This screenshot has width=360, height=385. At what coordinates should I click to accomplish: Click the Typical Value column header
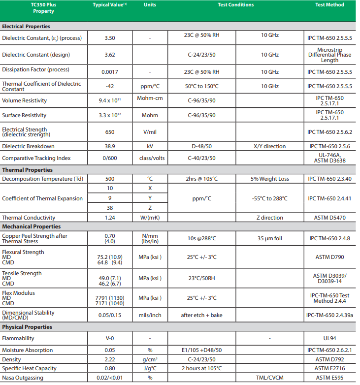(110, 5)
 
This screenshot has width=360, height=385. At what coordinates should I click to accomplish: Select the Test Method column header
(329, 5)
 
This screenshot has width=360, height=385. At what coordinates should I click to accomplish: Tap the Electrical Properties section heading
(26, 27)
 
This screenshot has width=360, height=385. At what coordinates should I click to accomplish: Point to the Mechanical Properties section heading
(31, 226)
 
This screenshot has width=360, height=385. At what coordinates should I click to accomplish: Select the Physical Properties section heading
(27, 327)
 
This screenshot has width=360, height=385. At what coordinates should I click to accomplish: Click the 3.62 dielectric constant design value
(110, 55)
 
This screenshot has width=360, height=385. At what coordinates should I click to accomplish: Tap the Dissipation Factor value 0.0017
(110, 72)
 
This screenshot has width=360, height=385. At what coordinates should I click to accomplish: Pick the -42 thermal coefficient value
(110, 86)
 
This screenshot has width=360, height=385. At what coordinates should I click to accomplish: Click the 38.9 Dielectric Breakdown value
(110, 146)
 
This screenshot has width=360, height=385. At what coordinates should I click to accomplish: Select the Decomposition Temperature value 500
(110, 179)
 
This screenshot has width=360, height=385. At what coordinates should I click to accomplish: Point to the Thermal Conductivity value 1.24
(110, 218)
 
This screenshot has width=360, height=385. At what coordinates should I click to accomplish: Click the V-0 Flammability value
(110, 338)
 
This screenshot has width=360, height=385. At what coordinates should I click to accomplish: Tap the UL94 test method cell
(329, 338)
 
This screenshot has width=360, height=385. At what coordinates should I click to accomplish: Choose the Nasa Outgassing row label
(22, 378)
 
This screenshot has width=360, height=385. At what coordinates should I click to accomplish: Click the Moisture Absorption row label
(27, 350)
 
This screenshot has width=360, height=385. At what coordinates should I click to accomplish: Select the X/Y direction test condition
(269, 146)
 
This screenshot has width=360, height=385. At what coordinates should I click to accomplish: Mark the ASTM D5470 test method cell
(329, 218)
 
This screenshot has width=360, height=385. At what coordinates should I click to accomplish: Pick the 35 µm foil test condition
(269, 238)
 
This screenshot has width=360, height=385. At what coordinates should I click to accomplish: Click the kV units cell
(150, 146)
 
